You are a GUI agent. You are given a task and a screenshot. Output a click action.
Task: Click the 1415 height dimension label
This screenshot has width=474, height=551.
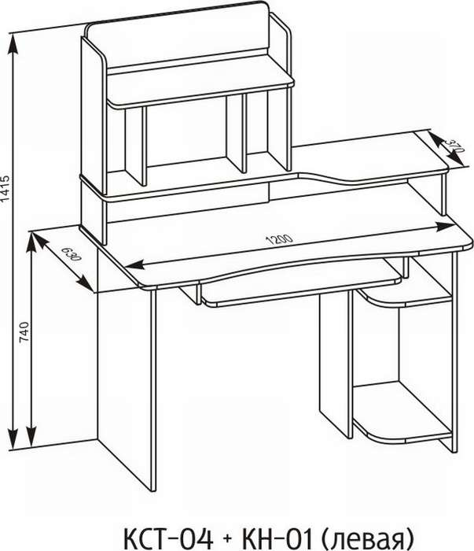click(x=6, y=188)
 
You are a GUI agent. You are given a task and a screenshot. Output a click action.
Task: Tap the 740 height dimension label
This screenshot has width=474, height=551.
click(x=24, y=332)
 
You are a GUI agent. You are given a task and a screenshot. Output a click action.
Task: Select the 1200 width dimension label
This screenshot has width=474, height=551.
click(x=280, y=239)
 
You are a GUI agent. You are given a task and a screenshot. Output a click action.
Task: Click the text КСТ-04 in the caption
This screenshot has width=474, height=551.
click(x=169, y=538)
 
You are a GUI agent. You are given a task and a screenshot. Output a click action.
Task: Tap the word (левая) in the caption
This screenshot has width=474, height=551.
click(x=367, y=538)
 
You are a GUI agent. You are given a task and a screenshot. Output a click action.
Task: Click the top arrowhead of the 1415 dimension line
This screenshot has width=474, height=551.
click(x=13, y=44)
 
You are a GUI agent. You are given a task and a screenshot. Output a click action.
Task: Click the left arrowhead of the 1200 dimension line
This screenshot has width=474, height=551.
click(x=135, y=264)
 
